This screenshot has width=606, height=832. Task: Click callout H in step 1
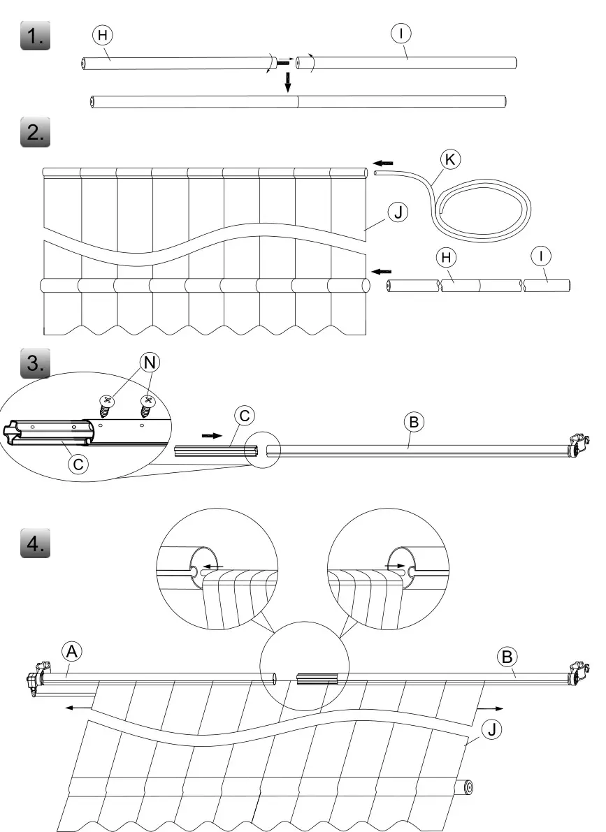[x=102, y=35]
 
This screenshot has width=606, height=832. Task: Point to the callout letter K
[x=451, y=160]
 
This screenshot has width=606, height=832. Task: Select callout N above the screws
[x=149, y=361]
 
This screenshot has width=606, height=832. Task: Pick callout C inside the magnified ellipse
[x=79, y=462]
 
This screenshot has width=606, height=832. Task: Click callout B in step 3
[x=414, y=423]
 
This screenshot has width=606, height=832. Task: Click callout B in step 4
[x=507, y=656]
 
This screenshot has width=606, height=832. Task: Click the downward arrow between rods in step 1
[x=287, y=85]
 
